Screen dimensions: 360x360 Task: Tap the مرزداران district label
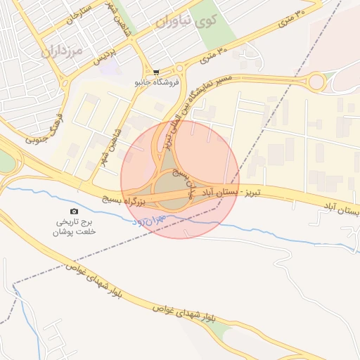click(61, 50)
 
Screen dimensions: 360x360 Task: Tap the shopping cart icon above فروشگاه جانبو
click(156, 71)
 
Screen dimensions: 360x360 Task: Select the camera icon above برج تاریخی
click(75, 211)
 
